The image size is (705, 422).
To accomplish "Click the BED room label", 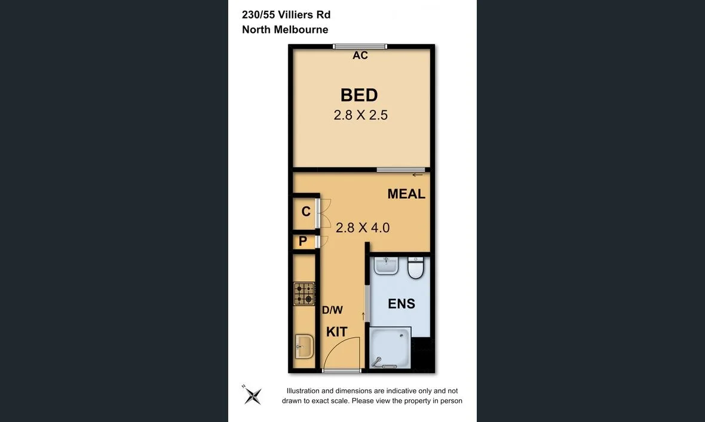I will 359,96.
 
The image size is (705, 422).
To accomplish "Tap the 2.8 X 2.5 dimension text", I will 360,115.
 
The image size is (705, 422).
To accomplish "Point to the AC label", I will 360,56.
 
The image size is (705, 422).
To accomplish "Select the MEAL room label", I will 406,194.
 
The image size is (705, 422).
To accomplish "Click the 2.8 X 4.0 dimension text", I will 363,227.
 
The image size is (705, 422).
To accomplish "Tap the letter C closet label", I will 306,212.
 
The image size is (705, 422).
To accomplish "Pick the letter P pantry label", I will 303,242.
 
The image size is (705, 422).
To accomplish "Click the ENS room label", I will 401,304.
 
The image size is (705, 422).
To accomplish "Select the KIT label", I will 337,332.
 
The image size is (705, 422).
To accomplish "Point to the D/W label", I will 332,310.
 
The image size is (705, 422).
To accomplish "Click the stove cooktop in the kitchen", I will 304,294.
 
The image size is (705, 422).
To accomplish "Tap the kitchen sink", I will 304,346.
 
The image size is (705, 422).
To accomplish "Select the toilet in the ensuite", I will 416,268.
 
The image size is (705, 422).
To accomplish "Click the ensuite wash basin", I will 387,266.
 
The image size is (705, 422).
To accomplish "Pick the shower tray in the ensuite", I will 390,347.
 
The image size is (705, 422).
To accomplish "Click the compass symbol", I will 252,395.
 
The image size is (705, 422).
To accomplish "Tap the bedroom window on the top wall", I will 360,46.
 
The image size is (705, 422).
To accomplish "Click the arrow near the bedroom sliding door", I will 418,175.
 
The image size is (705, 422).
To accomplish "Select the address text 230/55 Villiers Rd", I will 286,15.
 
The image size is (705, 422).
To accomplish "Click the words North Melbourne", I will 285,30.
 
